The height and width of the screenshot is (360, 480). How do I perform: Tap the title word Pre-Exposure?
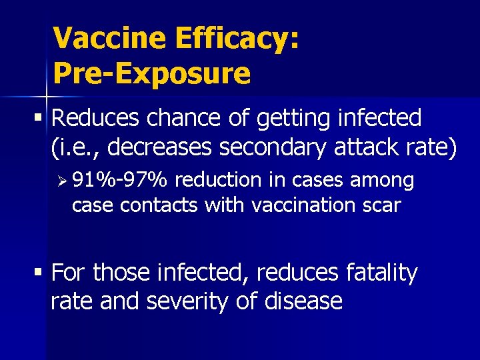151,73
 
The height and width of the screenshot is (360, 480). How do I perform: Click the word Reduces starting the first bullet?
95,118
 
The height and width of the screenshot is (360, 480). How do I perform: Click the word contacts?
159,205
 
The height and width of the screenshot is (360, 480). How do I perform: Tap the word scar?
382,205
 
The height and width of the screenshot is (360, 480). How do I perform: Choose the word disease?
305,301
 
